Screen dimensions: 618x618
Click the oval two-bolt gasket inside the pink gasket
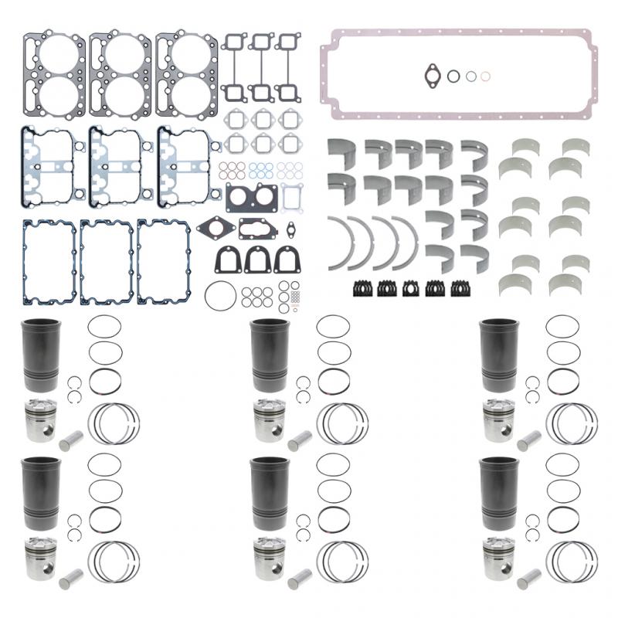click(431, 75)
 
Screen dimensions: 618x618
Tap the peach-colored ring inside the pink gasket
click(484, 76)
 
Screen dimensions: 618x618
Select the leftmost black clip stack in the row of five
click(362, 288)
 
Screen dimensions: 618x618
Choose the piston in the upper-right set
click(497, 420)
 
